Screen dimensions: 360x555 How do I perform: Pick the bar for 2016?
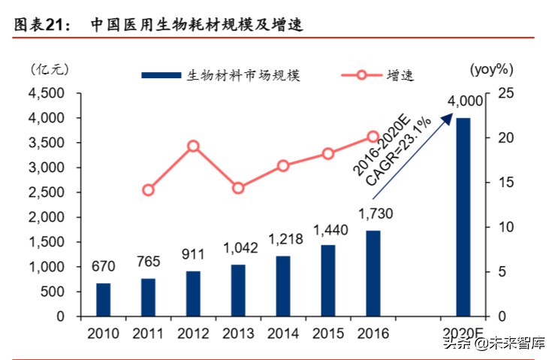[x=373, y=273]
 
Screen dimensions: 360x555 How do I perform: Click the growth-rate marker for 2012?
[x=193, y=146]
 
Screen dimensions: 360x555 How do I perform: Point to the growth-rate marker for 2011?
[x=148, y=190]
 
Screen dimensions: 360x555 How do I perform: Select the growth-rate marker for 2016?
[x=373, y=137]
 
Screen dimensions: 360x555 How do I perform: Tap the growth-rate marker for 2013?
[x=238, y=188]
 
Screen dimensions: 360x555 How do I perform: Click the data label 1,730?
[x=374, y=214]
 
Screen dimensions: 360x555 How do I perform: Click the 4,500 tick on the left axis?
[x=46, y=93]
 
